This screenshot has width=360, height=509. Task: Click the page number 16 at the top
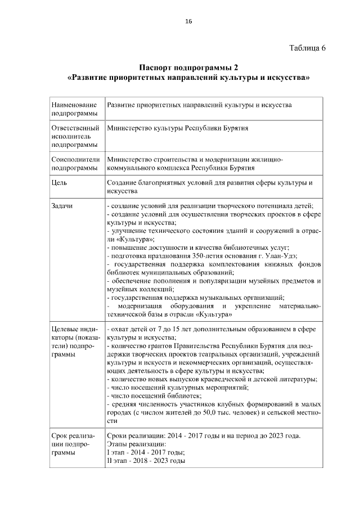[188, 21]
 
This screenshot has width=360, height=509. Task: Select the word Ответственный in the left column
[75, 128]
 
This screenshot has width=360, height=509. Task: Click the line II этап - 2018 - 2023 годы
[146, 461]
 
